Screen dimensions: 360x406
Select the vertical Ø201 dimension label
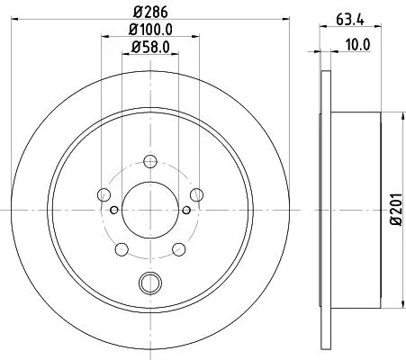[x=395, y=209]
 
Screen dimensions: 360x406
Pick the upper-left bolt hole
[x=104, y=195]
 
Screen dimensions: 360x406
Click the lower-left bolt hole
[x=122, y=247]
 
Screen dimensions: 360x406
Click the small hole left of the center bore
[x=113, y=211]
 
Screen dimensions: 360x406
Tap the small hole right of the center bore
[x=185, y=211]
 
